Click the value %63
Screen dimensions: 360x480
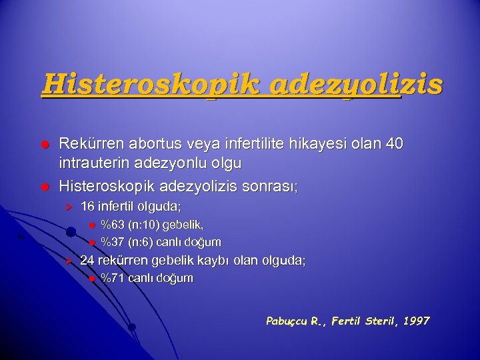(112, 225)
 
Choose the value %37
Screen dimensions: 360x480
(112, 241)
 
